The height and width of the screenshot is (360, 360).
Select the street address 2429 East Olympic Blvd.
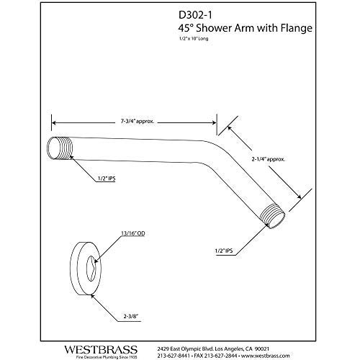coord(186,337)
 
